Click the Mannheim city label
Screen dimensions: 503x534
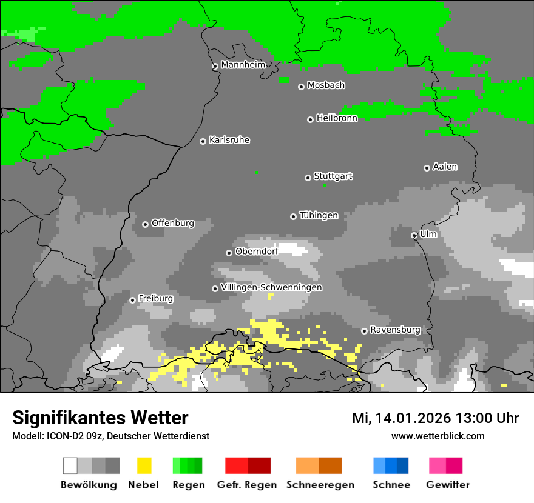[243, 65]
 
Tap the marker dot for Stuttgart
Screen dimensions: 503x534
[308, 178]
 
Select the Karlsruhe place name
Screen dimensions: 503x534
[229, 140]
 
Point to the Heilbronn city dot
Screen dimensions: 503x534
[310, 119]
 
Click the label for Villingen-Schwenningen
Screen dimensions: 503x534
[271, 287]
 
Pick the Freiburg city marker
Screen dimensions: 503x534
[132, 300]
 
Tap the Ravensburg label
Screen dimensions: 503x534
[395, 330]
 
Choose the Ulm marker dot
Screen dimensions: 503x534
[414, 235]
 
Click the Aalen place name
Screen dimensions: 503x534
[445, 167]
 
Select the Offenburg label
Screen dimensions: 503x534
[173, 223]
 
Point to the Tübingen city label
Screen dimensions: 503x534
[319, 215]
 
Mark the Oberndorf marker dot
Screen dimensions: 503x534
[229, 253]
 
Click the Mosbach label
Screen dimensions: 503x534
[326, 85]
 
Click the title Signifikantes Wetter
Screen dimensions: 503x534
[100, 418]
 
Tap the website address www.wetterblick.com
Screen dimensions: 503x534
[438, 436]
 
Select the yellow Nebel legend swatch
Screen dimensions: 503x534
[144, 465]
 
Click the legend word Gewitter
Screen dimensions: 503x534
[448, 485]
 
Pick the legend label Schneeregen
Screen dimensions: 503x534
[319, 485]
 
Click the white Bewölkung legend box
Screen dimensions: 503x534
[70, 465]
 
